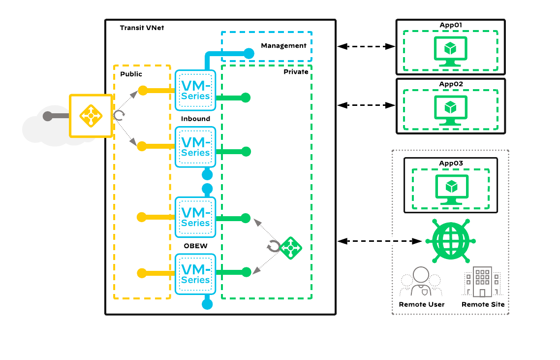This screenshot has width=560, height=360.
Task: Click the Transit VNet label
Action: [x=142, y=28]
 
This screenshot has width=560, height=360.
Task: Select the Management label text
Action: [x=283, y=46]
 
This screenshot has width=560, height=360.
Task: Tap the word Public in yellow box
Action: [x=131, y=74]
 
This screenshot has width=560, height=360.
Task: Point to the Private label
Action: [x=296, y=72]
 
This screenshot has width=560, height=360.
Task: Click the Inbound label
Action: [x=195, y=119]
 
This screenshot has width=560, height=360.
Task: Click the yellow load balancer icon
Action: [x=91, y=116]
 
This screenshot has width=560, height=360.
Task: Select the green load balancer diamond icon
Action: [x=290, y=248]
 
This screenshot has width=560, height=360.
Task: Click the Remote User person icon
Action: [x=421, y=282]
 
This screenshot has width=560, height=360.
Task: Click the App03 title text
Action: [x=451, y=163]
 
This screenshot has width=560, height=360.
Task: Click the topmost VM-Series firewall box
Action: [x=195, y=90]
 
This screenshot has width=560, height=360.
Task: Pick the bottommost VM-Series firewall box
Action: [x=195, y=274]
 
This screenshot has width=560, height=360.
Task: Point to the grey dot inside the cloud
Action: [x=47, y=116]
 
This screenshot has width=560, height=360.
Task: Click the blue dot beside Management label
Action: [x=249, y=53]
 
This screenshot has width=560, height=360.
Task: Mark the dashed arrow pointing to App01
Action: [x=367, y=46]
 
